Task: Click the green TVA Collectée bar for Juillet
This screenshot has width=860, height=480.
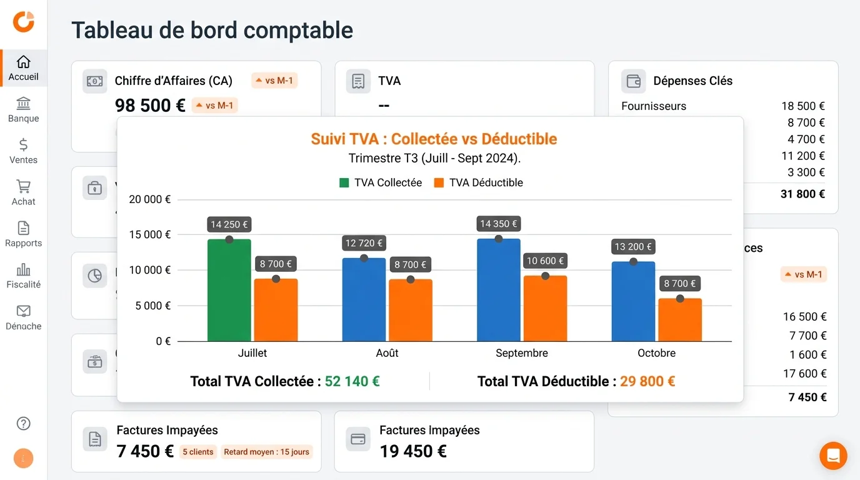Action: [x=229, y=291]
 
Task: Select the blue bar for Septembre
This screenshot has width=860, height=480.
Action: [x=498, y=291]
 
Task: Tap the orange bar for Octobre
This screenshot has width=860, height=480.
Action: [x=680, y=320]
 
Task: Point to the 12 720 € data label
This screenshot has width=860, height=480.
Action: [x=364, y=242]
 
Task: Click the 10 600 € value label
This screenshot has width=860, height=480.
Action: [x=545, y=261]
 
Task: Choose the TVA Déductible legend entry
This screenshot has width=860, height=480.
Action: [x=479, y=182]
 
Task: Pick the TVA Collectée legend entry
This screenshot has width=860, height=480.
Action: [x=381, y=182]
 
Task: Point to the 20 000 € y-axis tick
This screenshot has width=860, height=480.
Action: [x=149, y=199]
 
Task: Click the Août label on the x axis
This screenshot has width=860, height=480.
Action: [x=387, y=353]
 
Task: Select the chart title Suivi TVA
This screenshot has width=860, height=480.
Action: [x=434, y=139]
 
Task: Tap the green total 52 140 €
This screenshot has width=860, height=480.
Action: [x=352, y=381]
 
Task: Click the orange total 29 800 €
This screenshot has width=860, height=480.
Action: [x=647, y=381]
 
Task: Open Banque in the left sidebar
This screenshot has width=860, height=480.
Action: [x=23, y=110]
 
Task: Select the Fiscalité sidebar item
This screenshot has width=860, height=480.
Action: [x=23, y=276]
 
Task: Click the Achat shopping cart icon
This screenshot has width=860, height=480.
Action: [x=23, y=186]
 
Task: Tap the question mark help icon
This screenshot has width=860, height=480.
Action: [x=23, y=424]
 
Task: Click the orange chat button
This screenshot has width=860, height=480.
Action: [x=833, y=456]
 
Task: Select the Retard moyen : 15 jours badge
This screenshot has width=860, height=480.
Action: [x=266, y=452]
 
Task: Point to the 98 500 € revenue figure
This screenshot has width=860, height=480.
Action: [x=150, y=106]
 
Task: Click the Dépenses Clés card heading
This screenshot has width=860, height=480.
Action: [x=692, y=81]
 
